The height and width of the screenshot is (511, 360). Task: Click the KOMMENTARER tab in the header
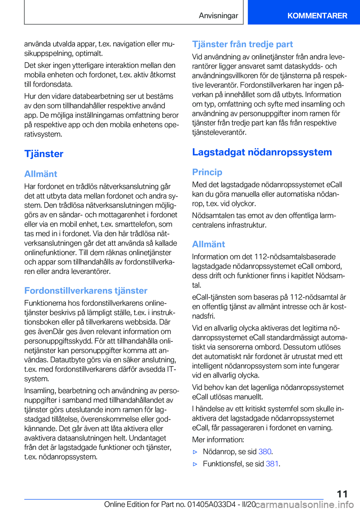(x=317, y=16)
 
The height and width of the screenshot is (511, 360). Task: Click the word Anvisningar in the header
(x=218, y=16)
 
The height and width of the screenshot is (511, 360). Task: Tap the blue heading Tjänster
(x=44, y=154)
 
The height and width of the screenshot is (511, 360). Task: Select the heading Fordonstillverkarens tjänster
(x=86, y=291)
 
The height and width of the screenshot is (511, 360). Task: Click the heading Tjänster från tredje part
(x=243, y=44)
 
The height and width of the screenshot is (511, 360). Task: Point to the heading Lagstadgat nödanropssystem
(x=262, y=152)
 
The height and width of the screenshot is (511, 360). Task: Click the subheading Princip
(x=207, y=172)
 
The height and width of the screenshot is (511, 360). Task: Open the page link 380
(x=265, y=452)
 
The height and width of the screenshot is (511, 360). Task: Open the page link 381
(x=272, y=464)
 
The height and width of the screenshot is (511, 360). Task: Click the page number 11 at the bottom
(x=342, y=494)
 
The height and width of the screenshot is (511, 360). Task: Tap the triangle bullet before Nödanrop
(x=195, y=452)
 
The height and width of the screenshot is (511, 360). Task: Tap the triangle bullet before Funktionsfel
(x=195, y=464)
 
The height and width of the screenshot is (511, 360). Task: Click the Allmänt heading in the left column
(x=41, y=174)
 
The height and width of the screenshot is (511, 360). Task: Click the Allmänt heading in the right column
(x=208, y=244)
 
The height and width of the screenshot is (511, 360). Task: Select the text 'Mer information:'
(x=218, y=440)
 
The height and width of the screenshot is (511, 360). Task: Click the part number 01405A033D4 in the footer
(x=211, y=505)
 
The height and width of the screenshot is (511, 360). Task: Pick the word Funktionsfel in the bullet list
(x=223, y=464)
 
